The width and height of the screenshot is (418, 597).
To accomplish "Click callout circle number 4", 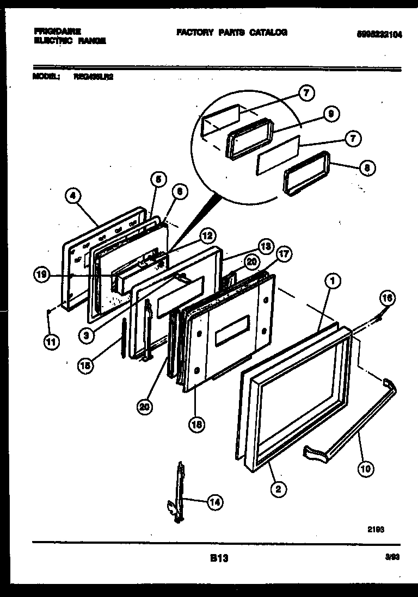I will point(73,196).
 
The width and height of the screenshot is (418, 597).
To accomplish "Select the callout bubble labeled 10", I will point(367,468).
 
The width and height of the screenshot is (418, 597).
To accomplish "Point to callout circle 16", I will point(388,298).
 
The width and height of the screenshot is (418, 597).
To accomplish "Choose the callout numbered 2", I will point(278,489).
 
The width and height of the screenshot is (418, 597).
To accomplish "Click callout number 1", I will point(333,281).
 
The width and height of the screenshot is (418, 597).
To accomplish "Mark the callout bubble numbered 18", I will point(197,426).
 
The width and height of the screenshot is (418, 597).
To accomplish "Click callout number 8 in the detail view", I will point(367,168).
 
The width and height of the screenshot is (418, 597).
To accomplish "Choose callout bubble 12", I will point(207,236).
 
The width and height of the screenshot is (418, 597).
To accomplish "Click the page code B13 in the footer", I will point(218,558).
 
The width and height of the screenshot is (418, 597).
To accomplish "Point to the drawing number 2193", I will point(376,528).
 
